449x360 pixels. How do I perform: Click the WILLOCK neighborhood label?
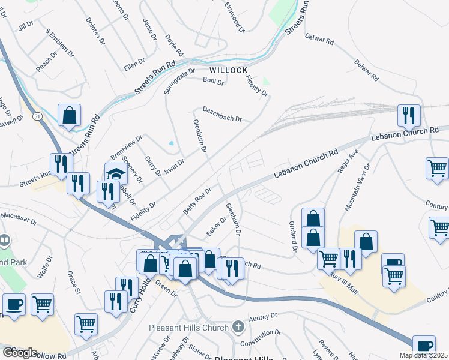tap(228, 70)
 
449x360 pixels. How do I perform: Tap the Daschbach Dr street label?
tap(222, 114)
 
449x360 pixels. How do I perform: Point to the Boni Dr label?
tap(213, 80)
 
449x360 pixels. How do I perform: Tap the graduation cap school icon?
tap(116, 174)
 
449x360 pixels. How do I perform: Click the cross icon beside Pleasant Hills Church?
tap(238, 327)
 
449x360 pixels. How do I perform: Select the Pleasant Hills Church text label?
tap(189, 328)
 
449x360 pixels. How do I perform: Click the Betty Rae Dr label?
tap(198, 200)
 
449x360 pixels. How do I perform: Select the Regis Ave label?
tap(348, 161)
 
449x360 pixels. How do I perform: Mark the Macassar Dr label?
tap(19, 215)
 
